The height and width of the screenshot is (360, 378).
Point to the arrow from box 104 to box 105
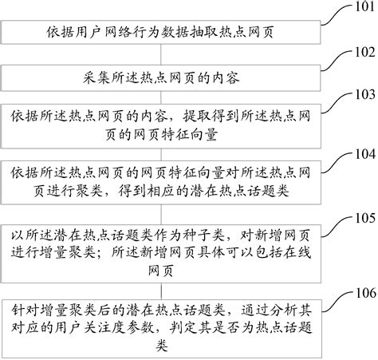pos(170,201)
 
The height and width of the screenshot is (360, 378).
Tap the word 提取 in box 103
pos(217,113)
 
